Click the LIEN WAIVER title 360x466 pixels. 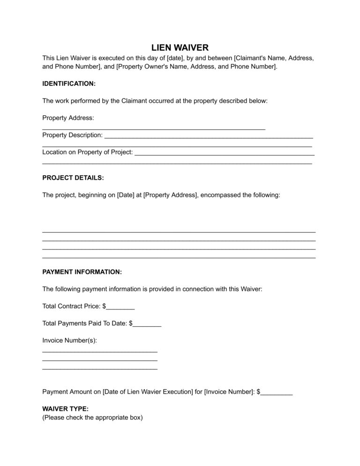click(x=180, y=48)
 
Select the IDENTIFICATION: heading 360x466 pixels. click(x=69, y=83)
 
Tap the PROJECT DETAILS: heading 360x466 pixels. click(x=73, y=178)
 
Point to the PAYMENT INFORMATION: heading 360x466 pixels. click(x=82, y=272)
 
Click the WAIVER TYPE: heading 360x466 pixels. click(x=65, y=409)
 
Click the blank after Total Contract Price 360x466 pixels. click(x=120, y=307)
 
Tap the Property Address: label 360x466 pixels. click(x=68, y=118)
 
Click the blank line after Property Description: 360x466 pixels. click(x=209, y=136)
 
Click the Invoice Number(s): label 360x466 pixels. click(x=69, y=341)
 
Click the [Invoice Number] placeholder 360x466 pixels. click(x=229, y=392)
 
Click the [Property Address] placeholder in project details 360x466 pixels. click(x=170, y=195)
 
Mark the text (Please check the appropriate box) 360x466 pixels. click(x=92, y=417)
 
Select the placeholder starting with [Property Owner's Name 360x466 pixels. click(x=196, y=67)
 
